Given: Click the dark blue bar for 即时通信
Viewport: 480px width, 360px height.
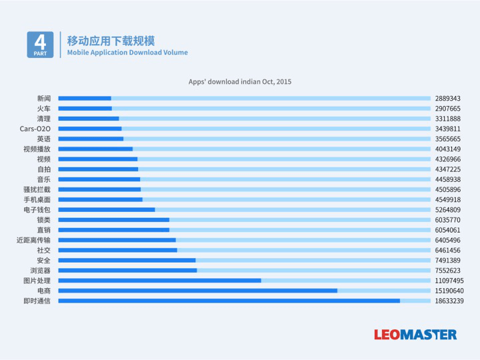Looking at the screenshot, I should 229,301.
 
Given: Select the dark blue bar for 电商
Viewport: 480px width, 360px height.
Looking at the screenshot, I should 197,291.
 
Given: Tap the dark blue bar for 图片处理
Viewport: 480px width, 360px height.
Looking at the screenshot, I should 159,281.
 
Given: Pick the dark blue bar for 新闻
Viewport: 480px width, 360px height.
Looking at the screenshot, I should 85,98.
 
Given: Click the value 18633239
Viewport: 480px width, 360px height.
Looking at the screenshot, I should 449,301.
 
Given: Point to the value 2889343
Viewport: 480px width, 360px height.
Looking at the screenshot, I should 447,98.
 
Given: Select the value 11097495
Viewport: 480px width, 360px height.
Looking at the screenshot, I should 449,281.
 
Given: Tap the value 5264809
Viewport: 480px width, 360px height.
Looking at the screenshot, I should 447,209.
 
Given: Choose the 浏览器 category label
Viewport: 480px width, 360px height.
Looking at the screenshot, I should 40,271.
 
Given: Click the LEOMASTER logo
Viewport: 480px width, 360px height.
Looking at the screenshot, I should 415,334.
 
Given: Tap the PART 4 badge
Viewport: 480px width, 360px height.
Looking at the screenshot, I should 40,44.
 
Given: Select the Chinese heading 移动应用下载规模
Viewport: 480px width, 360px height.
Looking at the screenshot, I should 111,40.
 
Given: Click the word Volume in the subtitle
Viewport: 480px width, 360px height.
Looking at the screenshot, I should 175,53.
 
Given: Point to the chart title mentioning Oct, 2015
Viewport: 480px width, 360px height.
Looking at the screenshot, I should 240,82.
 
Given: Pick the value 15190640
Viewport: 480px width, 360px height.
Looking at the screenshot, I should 449,291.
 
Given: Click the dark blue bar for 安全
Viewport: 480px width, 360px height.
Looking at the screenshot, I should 127,260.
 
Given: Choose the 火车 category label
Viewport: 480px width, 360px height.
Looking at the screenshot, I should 43,108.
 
